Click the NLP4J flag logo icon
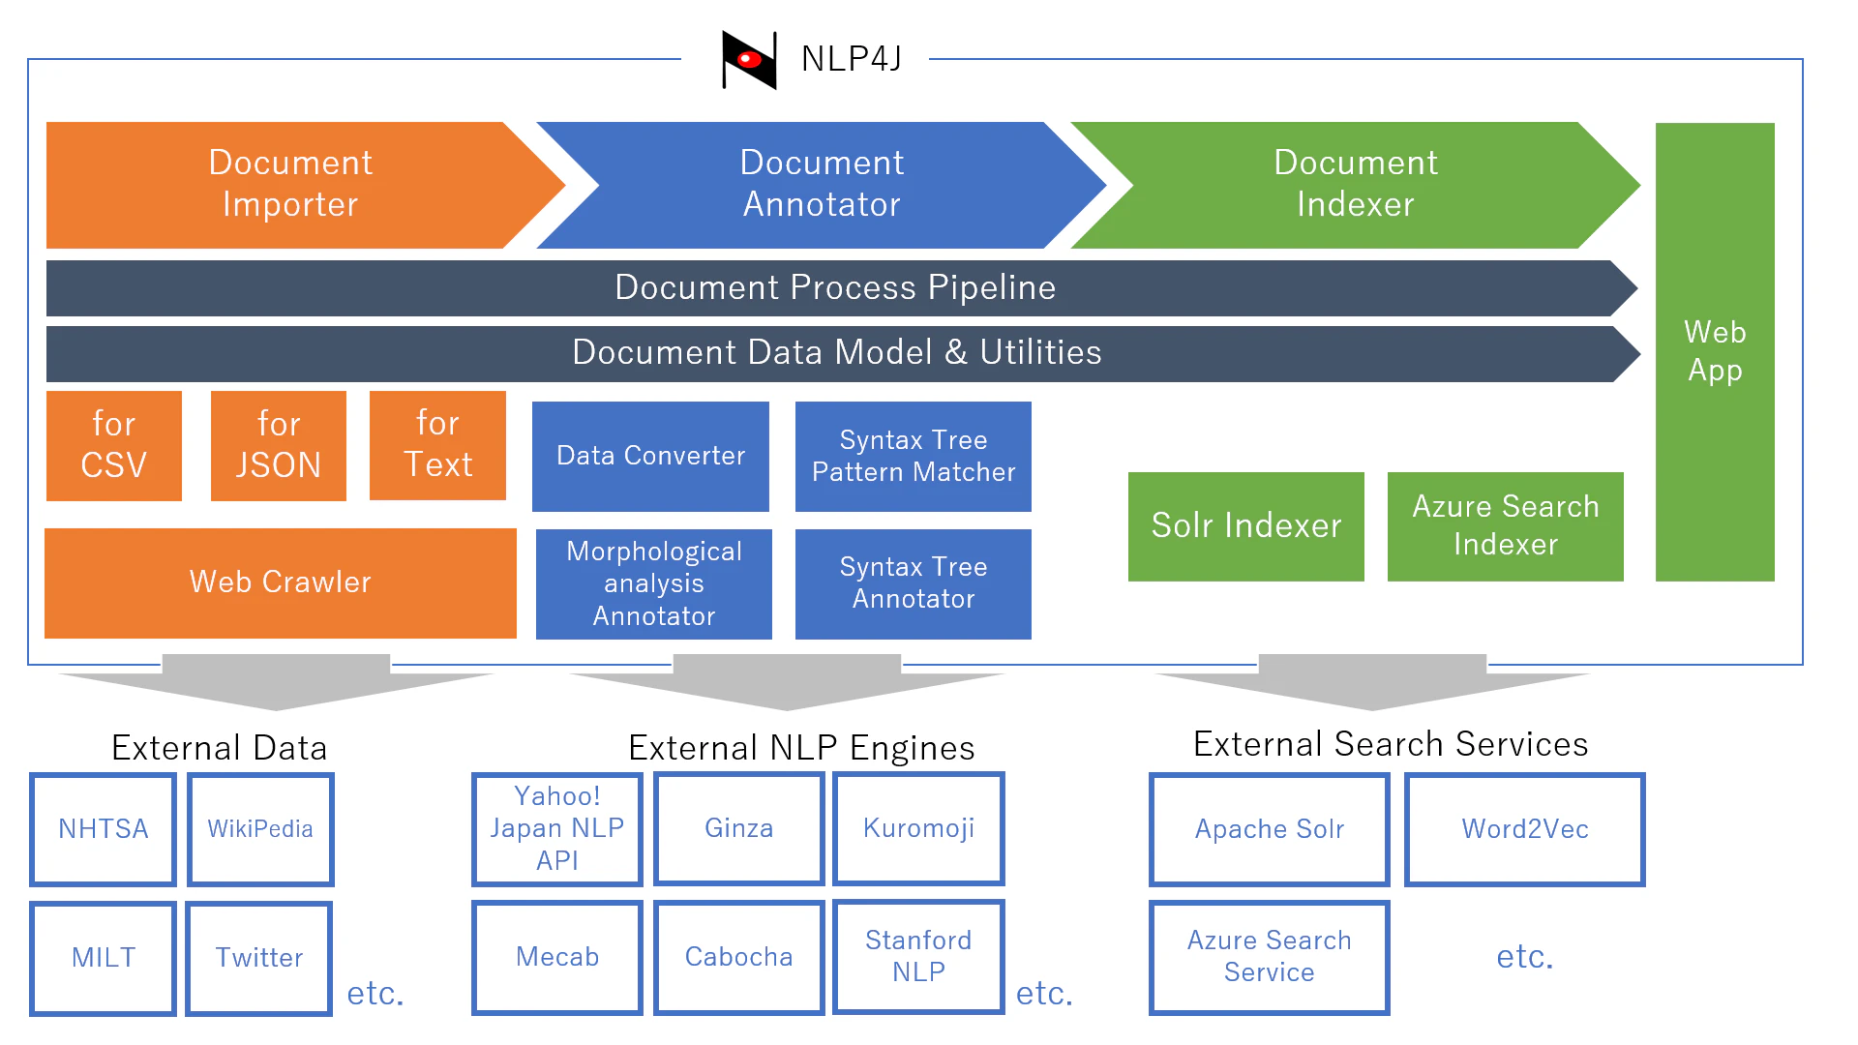click(x=749, y=60)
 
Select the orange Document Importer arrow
click(x=290, y=185)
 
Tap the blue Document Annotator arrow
click(x=823, y=185)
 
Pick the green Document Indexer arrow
click(x=1355, y=185)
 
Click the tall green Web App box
click(x=1715, y=351)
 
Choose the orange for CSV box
click(x=114, y=445)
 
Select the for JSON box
click(x=279, y=445)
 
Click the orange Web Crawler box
click(x=281, y=582)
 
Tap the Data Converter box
click(x=650, y=456)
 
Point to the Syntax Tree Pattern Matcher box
click(x=914, y=456)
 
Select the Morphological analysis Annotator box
click(x=654, y=583)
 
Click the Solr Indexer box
click(x=1246, y=526)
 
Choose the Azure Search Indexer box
click(x=1506, y=526)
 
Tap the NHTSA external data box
click(x=104, y=829)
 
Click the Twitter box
click(x=259, y=958)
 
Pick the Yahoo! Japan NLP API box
click(x=557, y=829)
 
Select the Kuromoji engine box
click(x=919, y=828)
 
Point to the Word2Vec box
click(x=1525, y=829)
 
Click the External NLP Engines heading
click(x=801, y=748)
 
